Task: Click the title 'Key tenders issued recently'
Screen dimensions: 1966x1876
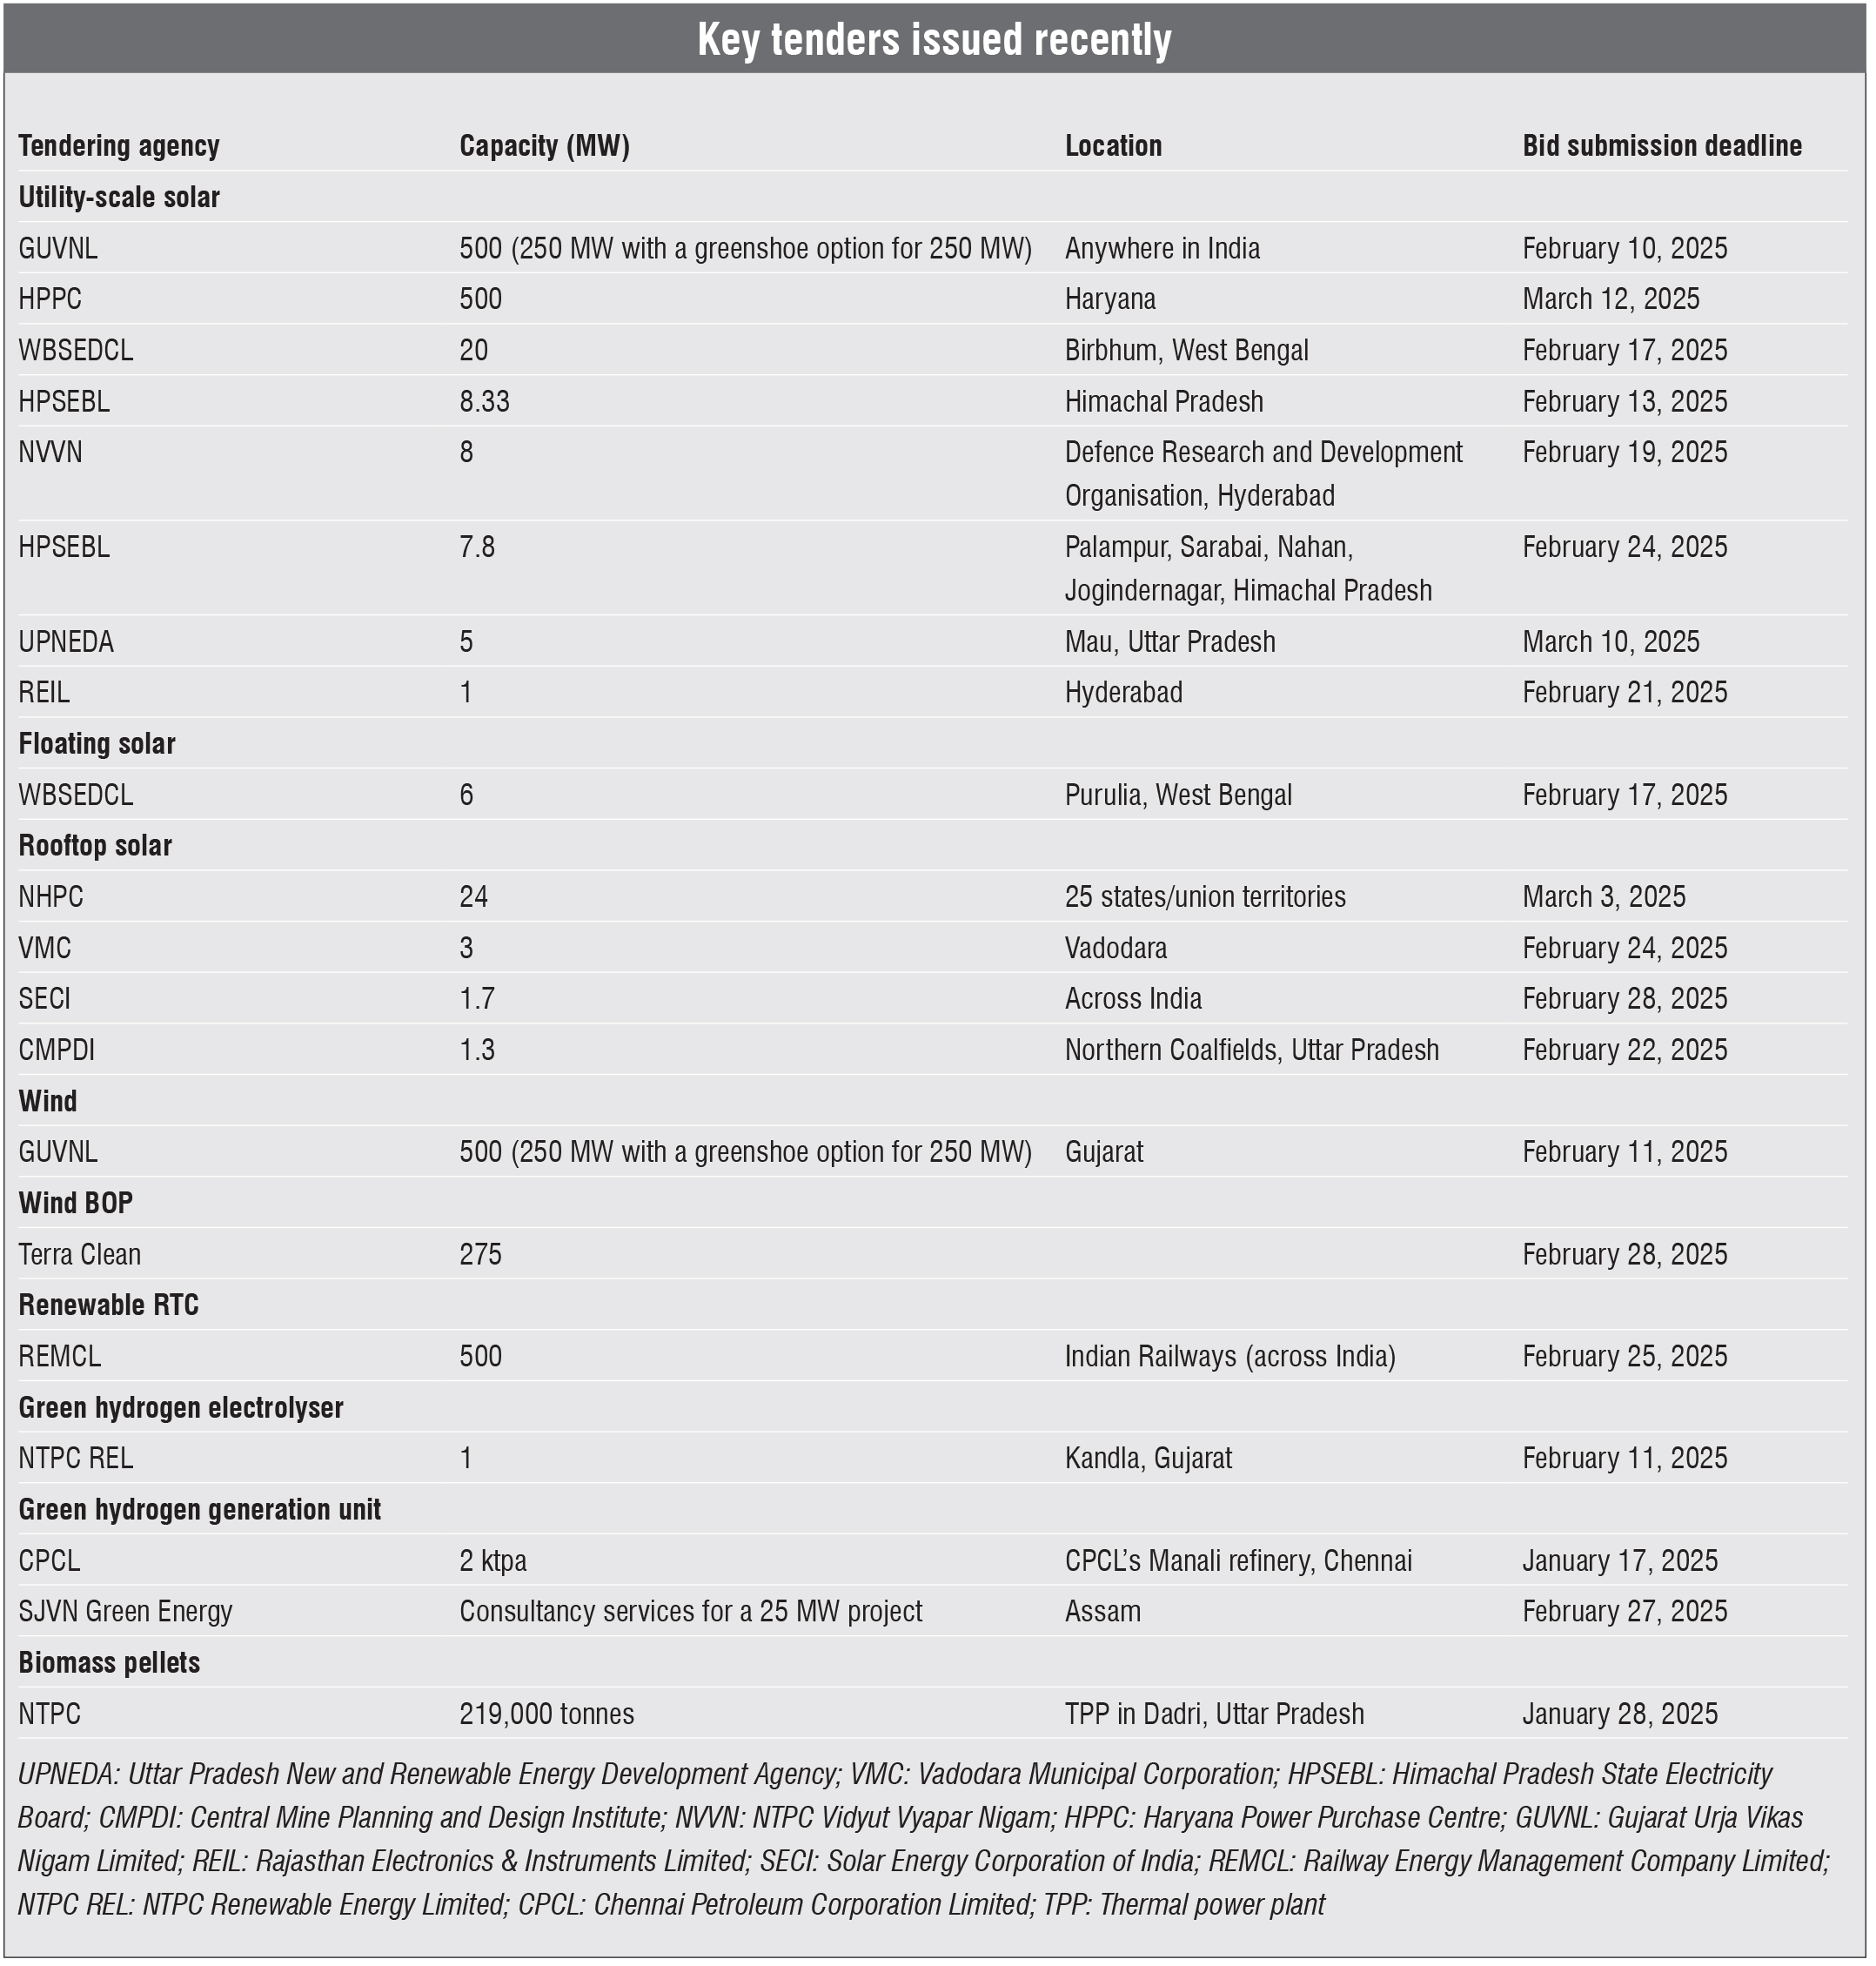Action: tap(934, 40)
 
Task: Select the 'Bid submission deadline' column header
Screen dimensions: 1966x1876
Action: tap(1661, 146)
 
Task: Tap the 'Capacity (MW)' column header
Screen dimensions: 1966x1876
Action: tap(544, 146)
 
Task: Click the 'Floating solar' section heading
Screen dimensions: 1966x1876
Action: tap(97, 744)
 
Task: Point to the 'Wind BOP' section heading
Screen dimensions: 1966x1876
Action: tap(76, 1203)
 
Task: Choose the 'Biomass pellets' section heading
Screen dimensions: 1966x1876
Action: tap(109, 1663)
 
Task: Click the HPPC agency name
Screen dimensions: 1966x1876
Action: tap(50, 299)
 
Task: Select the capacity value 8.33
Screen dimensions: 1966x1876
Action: tap(484, 402)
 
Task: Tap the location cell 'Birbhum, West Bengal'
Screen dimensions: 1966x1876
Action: tap(1186, 351)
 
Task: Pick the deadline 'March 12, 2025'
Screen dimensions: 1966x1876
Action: tap(1610, 299)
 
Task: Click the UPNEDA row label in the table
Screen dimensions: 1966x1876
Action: tap(66, 642)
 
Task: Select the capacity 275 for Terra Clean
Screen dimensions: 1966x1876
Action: tap(480, 1255)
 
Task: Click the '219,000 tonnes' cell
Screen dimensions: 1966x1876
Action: tap(546, 1714)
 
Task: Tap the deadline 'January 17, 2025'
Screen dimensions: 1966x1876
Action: tap(1619, 1561)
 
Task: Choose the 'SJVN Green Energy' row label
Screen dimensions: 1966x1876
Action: tap(125, 1612)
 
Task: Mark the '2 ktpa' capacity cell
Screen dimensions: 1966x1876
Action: tap(492, 1561)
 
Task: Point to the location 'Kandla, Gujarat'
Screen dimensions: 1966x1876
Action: tap(1148, 1459)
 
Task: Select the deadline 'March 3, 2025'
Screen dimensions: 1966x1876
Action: tap(1603, 897)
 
